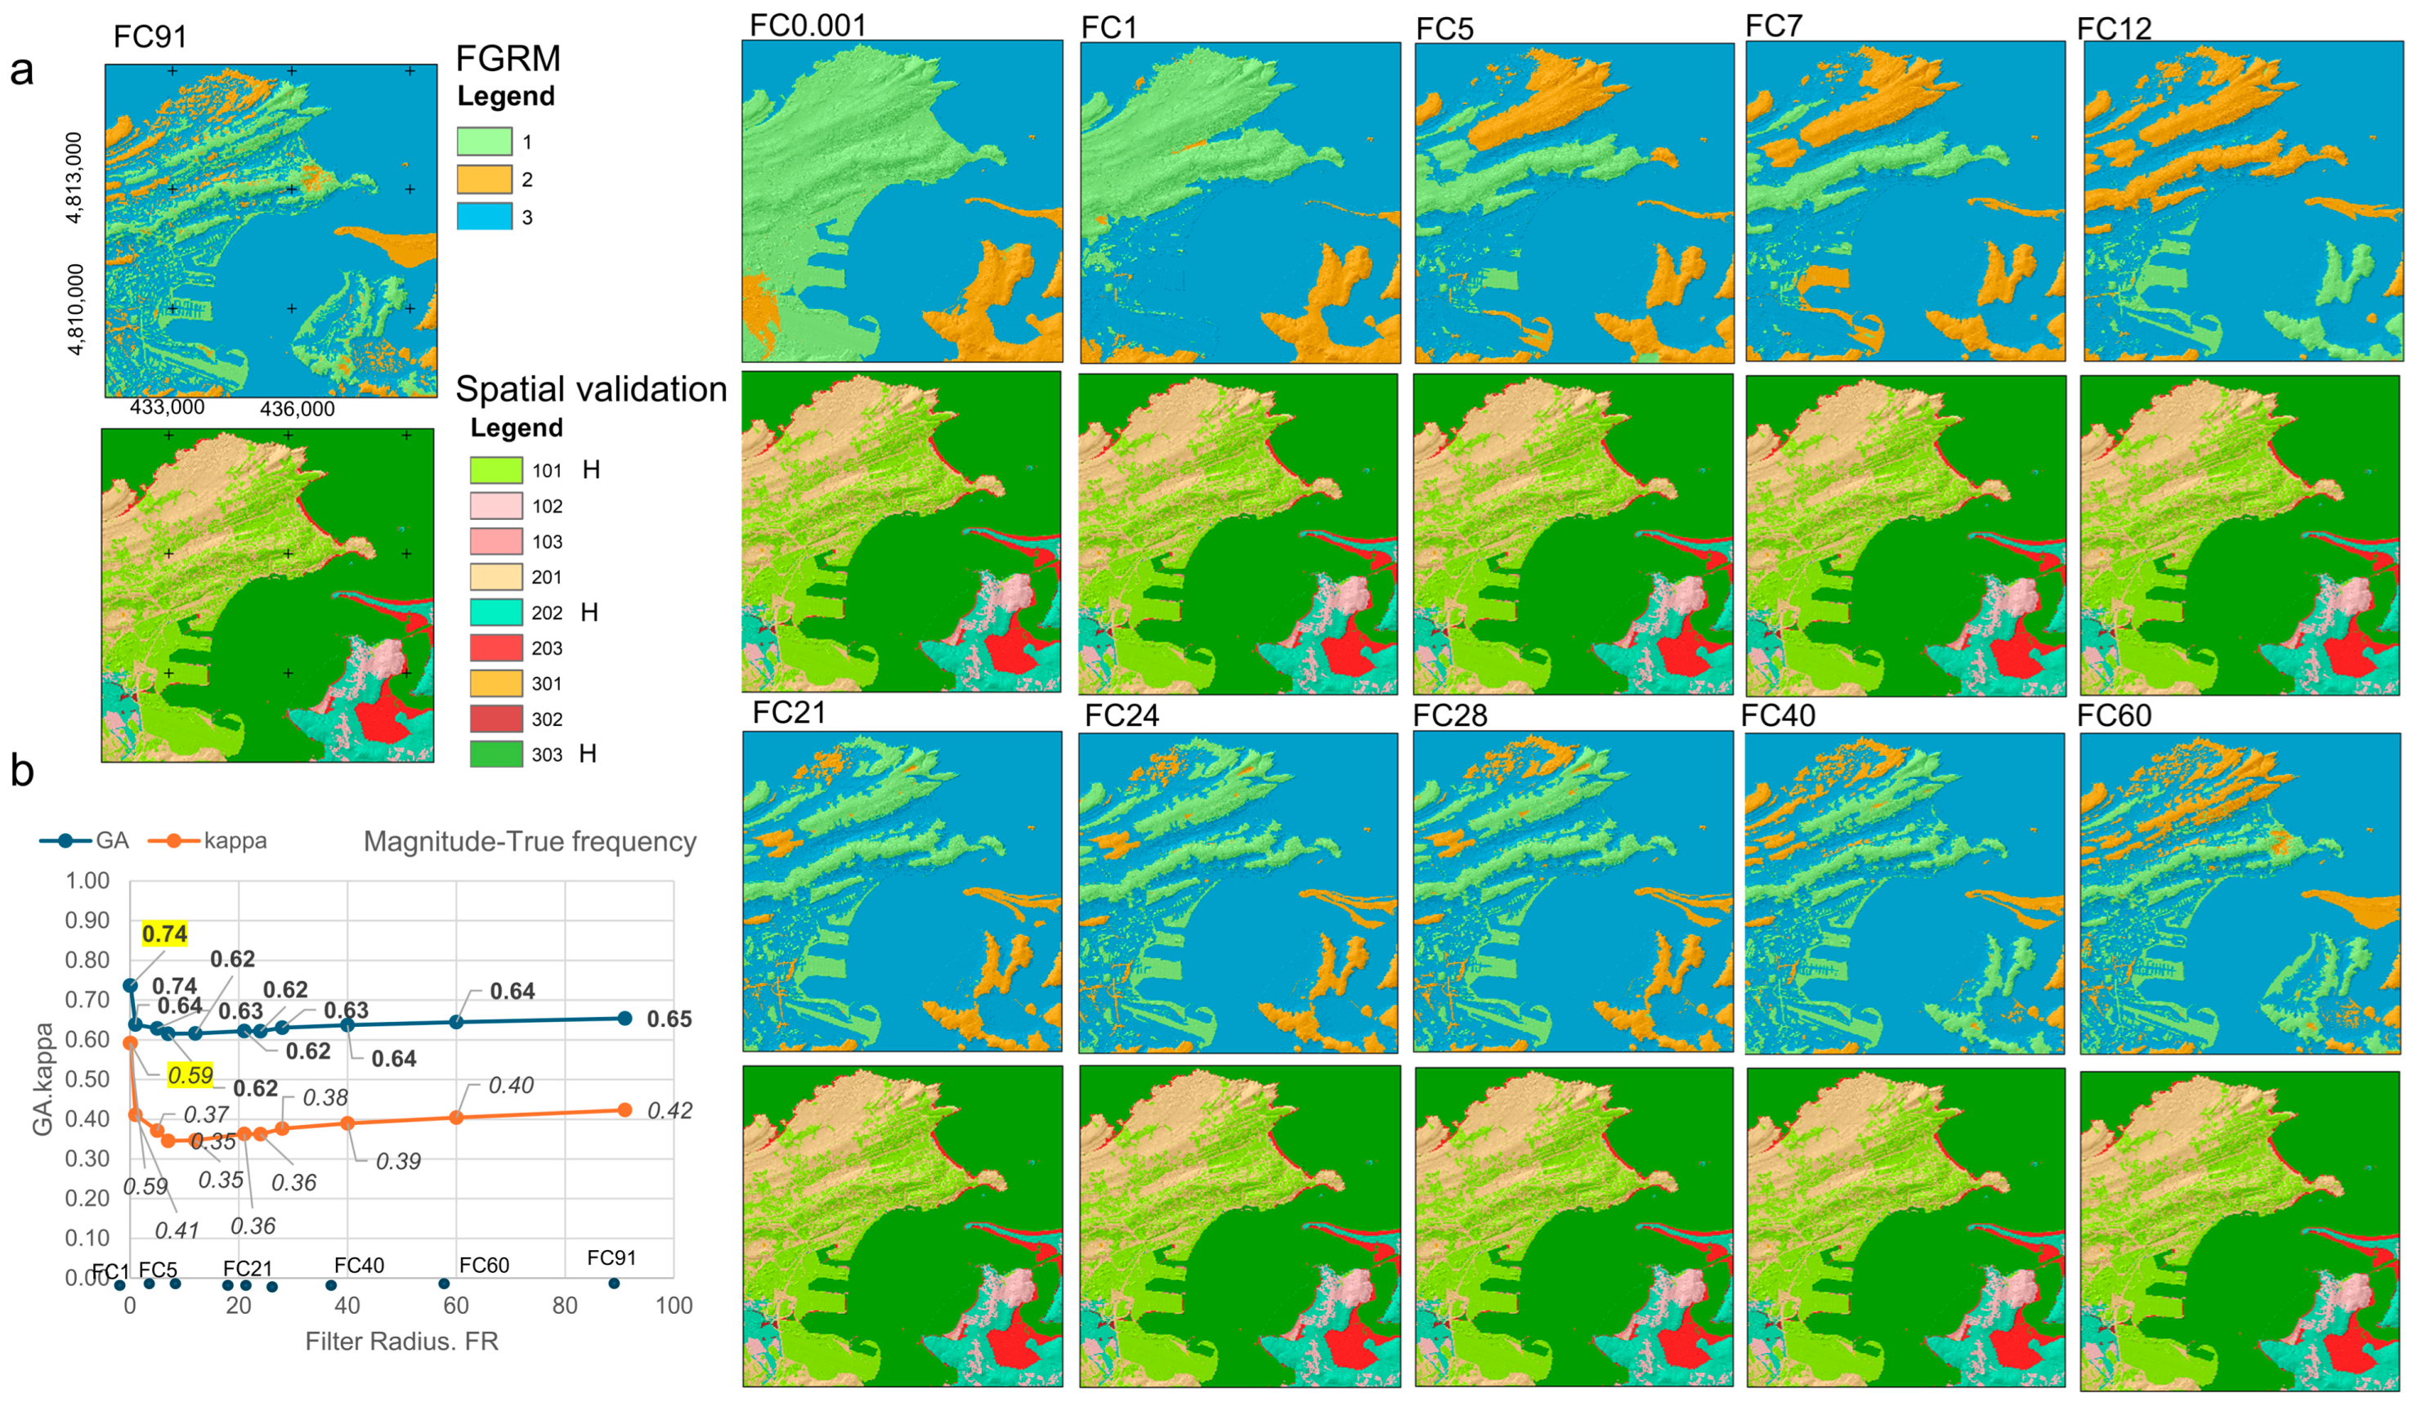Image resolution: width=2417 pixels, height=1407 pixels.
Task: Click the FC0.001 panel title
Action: (x=808, y=25)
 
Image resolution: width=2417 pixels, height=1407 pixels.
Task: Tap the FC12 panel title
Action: (x=2114, y=29)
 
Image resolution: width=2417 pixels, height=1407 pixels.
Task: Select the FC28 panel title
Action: (x=1449, y=715)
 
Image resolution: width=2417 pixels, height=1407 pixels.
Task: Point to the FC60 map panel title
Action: (x=2114, y=715)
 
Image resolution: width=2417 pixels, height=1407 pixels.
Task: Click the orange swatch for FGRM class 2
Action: (x=485, y=179)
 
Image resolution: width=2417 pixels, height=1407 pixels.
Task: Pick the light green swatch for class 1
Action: (x=485, y=142)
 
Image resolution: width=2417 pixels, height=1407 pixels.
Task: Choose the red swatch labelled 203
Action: (x=496, y=648)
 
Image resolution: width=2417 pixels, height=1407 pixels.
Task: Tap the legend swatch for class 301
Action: (x=496, y=683)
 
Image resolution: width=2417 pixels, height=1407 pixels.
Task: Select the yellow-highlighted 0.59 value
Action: (x=190, y=1075)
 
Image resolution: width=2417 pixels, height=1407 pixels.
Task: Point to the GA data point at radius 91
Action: (x=624, y=1019)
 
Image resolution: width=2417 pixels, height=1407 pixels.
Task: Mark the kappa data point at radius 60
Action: (x=457, y=1118)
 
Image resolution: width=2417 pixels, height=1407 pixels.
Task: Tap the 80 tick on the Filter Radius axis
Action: (x=565, y=1306)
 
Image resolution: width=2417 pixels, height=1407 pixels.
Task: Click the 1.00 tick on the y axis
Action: (x=87, y=880)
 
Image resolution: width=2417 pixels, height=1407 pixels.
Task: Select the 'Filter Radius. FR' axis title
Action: (x=402, y=1341)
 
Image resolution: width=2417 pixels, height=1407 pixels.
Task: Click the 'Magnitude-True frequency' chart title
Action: (x=530, y=841)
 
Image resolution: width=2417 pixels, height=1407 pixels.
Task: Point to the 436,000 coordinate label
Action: (x=298, y=410)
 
